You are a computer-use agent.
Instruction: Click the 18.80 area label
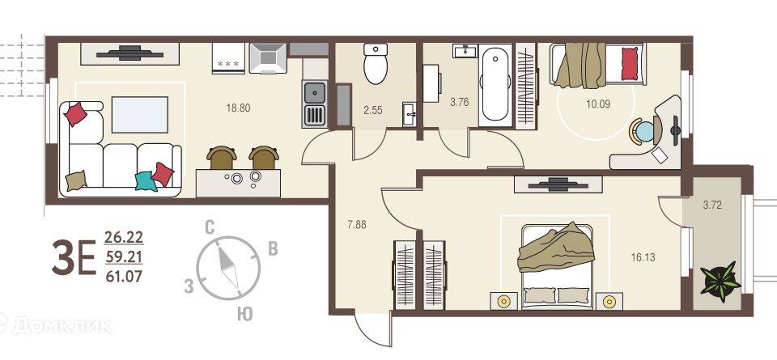click(238, 108)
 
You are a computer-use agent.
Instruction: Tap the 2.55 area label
click(372, 111)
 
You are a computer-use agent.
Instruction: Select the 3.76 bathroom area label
click(459, 103)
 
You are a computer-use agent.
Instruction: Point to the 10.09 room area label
click(598, 104)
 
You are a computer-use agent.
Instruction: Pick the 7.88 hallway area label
click(357, 224)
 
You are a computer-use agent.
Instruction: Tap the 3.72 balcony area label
click(712, 205)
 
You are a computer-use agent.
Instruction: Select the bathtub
click(495, 84)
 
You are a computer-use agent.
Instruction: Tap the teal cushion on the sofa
click(146, 181)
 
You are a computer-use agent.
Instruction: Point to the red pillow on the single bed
click(630, 63)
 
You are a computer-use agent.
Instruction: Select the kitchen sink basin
click(314, 92)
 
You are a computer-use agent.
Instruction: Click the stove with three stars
click(228, 58)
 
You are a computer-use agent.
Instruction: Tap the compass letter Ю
click(244, 315)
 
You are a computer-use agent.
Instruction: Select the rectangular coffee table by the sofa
click(140, 115)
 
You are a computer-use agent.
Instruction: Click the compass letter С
click(210, 228)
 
